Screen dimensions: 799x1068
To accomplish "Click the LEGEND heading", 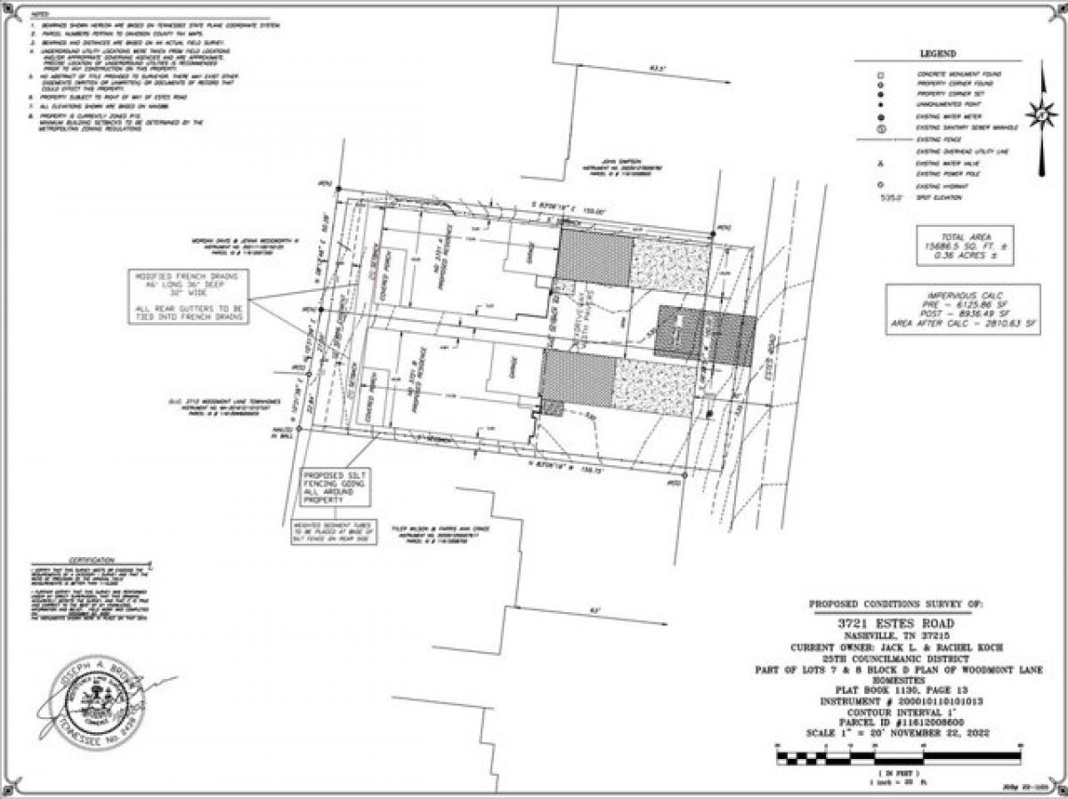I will coord(938,54).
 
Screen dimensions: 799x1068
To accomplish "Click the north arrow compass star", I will coord(1040,114).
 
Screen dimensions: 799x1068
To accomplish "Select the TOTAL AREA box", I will coord(965,246).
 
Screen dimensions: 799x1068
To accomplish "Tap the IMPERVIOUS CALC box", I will coord(962,309).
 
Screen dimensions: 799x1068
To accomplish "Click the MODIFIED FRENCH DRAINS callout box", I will coord(189,295).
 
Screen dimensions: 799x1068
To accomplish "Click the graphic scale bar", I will coord(898,759).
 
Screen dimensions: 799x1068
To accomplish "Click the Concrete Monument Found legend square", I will coord(881,74).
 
